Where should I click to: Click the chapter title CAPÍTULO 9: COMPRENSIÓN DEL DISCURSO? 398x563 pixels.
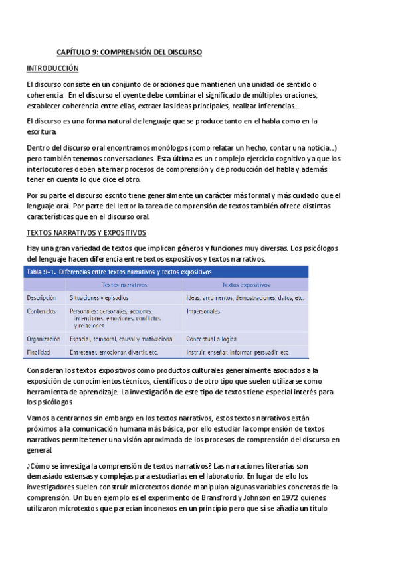click(x=129, y=52)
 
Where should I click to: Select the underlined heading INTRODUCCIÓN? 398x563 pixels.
click(x=52, y=68)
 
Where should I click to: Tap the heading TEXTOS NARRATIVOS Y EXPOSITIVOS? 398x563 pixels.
click(x=86, y=233)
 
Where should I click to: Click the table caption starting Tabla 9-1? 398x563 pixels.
click(x=119, y=272)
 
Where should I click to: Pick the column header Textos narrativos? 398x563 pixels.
click(x=124, y=285)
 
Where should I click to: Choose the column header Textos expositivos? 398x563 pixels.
click(x=245, y=285)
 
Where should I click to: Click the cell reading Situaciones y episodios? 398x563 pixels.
click(x=98, y=298)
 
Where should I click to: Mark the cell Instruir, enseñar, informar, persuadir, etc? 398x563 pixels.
click(x=237, y=352)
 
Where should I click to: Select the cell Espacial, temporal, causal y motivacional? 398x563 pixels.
click(x=122, y=339)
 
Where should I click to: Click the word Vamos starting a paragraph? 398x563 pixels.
click(x=37, y=417)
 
